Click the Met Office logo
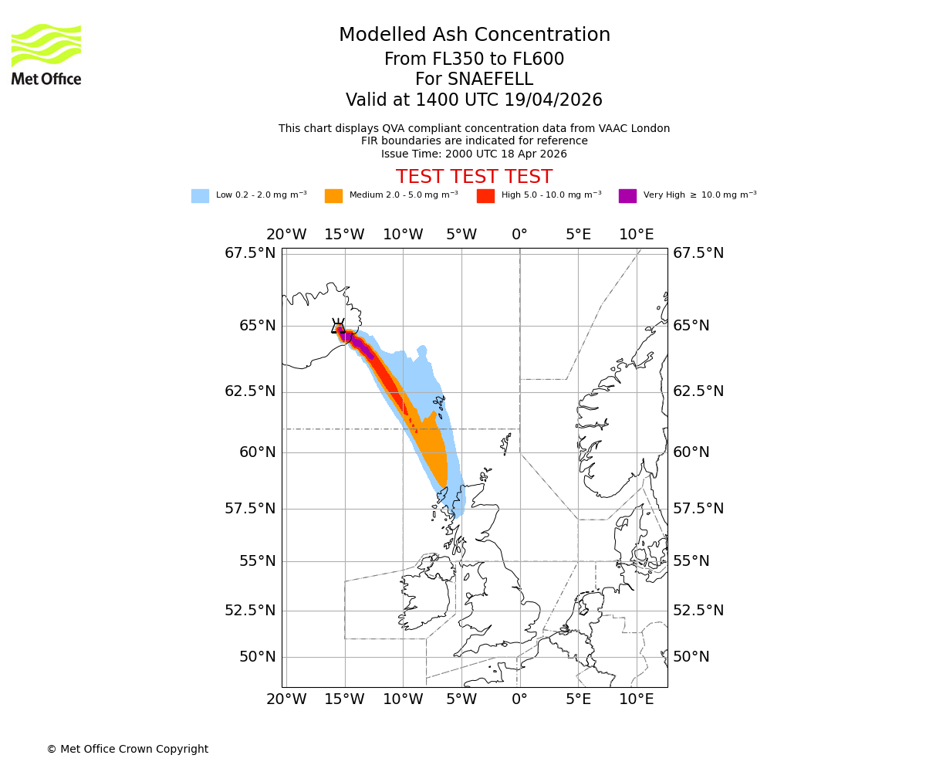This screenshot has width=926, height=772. coord(46,54)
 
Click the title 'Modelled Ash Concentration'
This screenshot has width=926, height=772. coord(474,36)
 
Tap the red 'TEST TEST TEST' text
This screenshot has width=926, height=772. coord(474,177)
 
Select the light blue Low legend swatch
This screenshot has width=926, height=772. coord(200,196)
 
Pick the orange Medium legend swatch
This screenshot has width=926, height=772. coord(333,196)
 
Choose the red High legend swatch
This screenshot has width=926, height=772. coord(485,196)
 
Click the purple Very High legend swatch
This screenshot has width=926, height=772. coord(627,196)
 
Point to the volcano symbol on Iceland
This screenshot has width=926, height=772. coord(338,327)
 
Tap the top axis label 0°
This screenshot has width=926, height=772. coord(519,235)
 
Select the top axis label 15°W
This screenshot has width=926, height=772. coord(344,235)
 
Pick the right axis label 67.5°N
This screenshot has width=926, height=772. coord(698,253)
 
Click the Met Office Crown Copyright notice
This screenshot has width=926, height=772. coord(127,750)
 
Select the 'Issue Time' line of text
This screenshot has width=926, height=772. coord(474,154)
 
